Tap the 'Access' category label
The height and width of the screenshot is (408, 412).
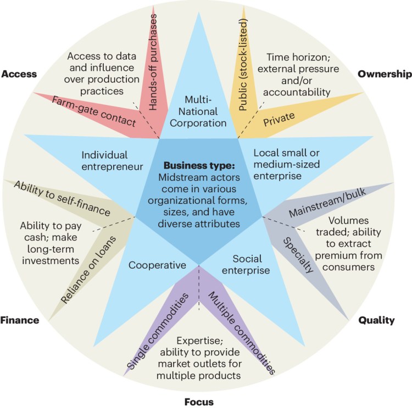point(19,74)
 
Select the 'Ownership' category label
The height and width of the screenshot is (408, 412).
point(384,74)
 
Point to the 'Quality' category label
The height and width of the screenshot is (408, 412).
point(376,320)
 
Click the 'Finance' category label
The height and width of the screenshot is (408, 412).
point(20,320)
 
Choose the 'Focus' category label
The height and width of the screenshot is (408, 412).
point(198,401)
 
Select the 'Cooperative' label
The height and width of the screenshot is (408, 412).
point(158,265)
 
